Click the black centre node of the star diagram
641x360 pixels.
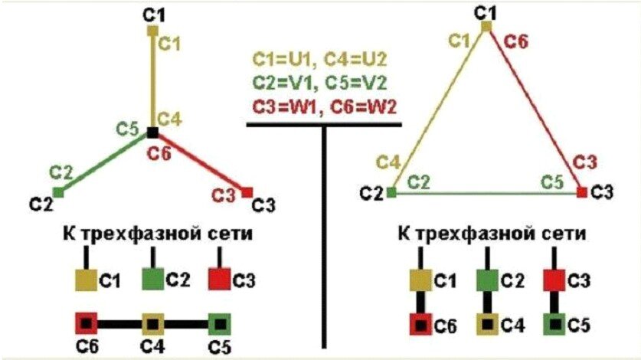tap(152, 133)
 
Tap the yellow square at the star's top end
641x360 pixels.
tap(152, 31)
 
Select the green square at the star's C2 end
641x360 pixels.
tap(58, 192)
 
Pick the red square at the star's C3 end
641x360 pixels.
tap(247, 191)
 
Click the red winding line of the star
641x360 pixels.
tap(201, 162)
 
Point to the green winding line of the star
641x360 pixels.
tap(105, 162)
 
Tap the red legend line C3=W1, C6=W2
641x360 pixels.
tap(325, 106)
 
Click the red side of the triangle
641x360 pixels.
tap(534, 107)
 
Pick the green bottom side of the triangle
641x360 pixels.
tap(486, 193)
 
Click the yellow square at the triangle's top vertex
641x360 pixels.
tap(486, 26)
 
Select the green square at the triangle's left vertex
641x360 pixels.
tap(391, 193)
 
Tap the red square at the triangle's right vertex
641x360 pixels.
tap(581, 192)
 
